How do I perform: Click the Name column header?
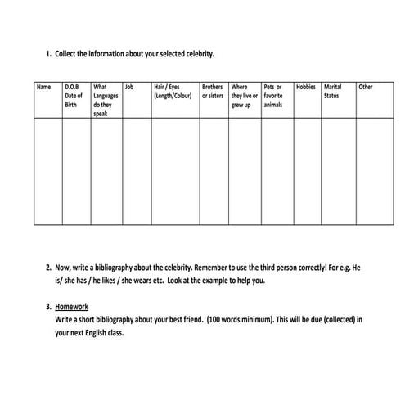(44, 87)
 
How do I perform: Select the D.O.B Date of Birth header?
(74, 96)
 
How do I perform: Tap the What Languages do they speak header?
(106, 100)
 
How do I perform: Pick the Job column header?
(128, 87)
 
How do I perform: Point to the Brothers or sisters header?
(212, 91)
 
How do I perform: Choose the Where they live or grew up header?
(244, 96)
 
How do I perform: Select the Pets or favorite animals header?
(273, 96)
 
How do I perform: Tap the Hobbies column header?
(305, 87)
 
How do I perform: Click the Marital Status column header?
(333, 91)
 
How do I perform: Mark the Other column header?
(366, 87)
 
